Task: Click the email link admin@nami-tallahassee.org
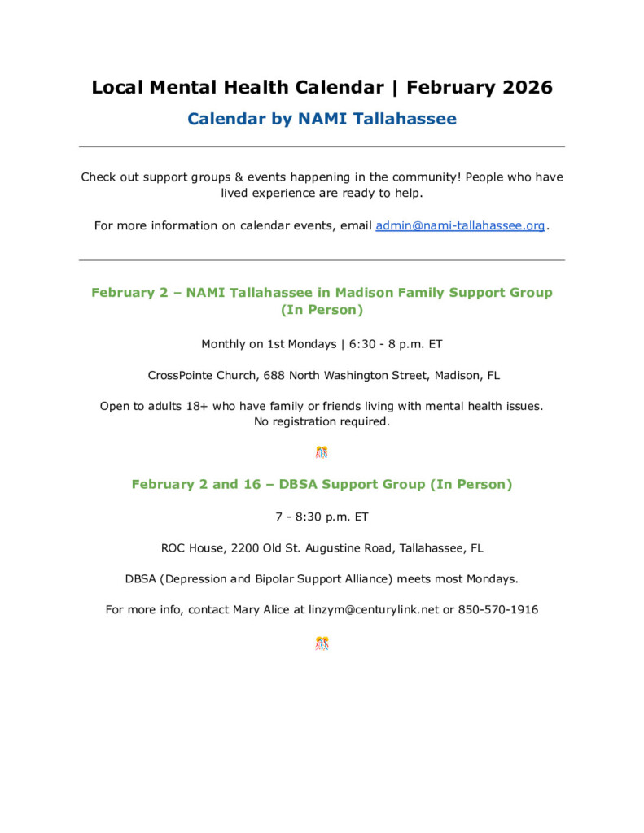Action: tap(460, 225)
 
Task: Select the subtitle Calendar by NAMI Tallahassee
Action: tap(322, 119)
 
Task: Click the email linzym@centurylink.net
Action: tap(374, 609)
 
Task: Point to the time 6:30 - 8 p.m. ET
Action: tap(396, 344)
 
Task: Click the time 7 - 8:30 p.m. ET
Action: tap(322, 517)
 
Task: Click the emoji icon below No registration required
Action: tap(322, 452)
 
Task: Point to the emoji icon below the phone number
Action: tap(322, 643)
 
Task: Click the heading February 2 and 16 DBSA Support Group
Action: tap(322, 484)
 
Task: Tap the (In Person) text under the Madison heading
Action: tap(322, 310)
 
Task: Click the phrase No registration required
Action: tap(322, 421)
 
